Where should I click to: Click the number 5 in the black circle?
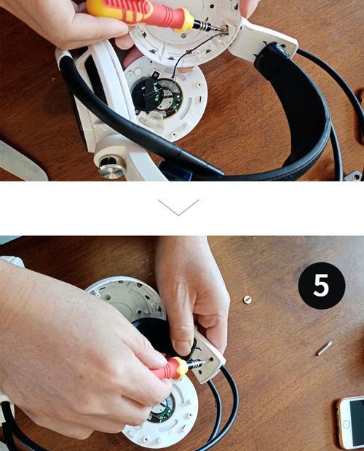tap(321, 285)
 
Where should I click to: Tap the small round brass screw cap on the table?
tap(247, 299)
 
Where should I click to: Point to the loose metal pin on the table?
tap(325, 348)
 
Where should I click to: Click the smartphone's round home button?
tap(347, 424)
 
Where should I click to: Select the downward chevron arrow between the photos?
tap(178, 207)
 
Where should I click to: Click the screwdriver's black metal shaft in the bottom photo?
tap(198, 363)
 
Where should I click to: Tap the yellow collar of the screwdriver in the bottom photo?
tap(181, 368)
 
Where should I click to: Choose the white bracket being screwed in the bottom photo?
tap(208, 356)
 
